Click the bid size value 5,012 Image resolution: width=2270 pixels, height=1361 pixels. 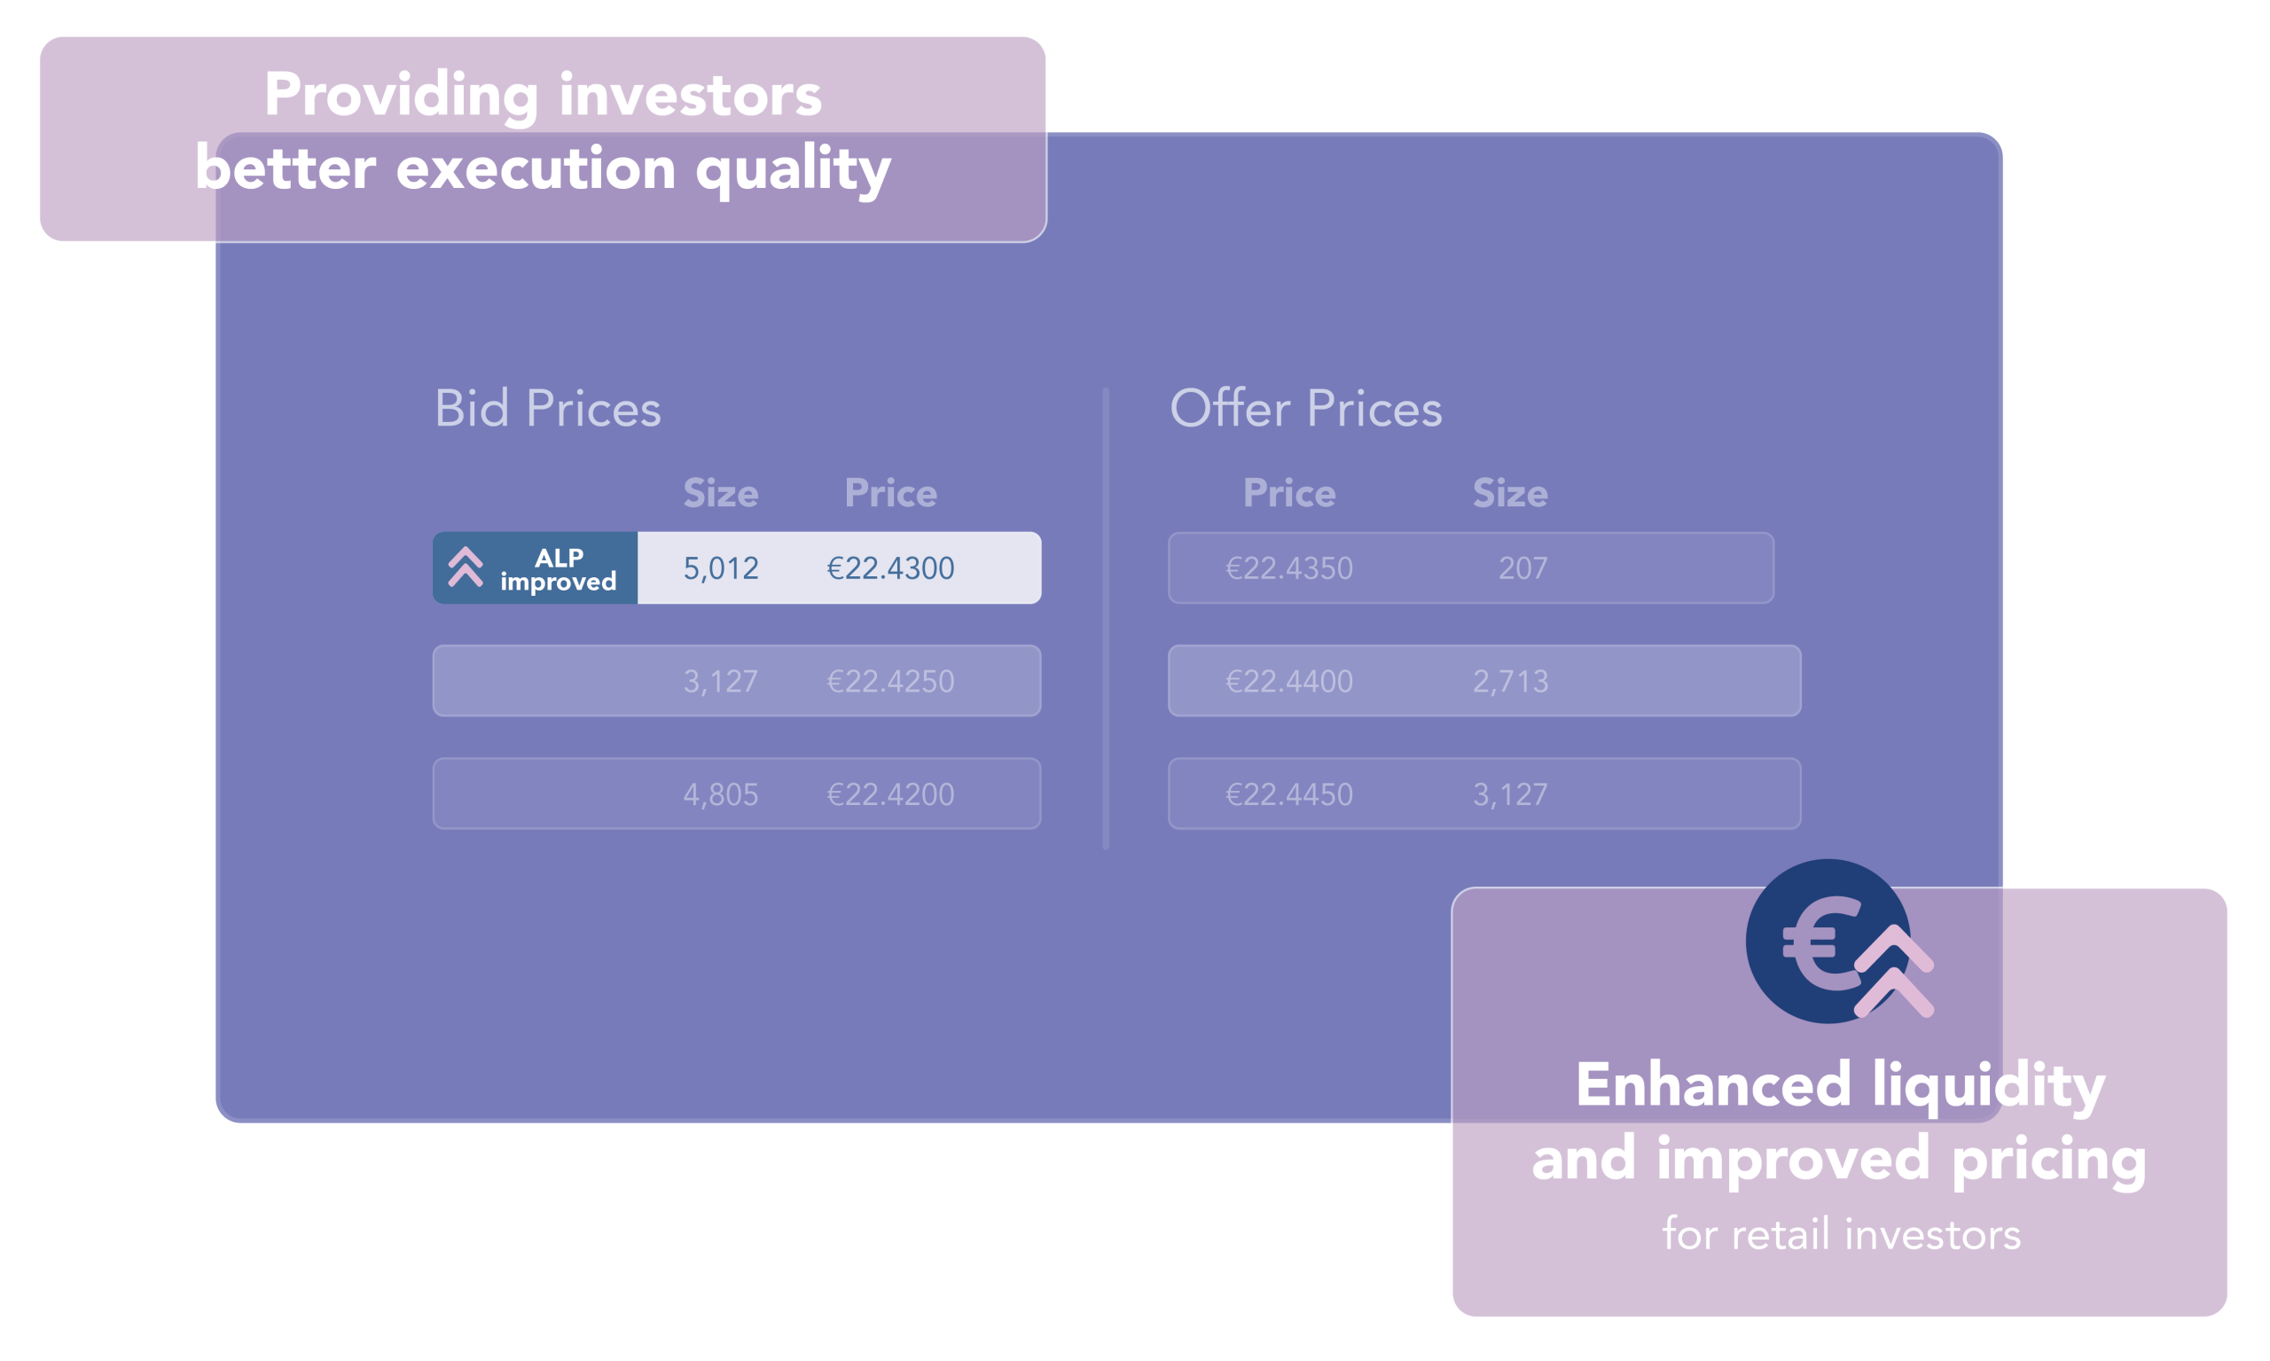click(x=720, y=568)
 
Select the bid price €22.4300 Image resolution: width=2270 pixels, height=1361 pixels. click(x=889, y=568)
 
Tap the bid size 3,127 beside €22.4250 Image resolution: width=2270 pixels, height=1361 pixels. click(x=720, y=682)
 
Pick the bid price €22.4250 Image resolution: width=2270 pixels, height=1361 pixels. click(x=889, y=682)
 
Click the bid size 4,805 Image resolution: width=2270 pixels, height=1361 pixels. click(x=720, y=794)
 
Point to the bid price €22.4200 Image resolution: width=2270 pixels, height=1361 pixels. click(x=889, y=794)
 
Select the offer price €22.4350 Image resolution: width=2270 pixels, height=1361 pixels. click(x=1288, y=568)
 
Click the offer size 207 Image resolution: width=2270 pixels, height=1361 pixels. click(x=1522, y=568)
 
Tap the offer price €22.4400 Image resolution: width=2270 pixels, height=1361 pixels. click(x=1288, y=682)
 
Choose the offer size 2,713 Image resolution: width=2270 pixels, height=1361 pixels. click(x=1510, y=682)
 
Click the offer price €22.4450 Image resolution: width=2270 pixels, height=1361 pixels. click(x=1288, y=794)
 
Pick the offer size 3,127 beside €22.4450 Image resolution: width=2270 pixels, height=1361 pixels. click(x=1510, y=794)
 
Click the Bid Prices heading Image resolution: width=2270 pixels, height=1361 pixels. click(x=548, y=408)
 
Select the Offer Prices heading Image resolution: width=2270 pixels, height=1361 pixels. click(x=1305, y=408)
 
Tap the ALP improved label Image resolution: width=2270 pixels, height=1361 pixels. click(x=558, y=569)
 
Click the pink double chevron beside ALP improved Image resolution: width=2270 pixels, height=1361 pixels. click(x=465, y=567)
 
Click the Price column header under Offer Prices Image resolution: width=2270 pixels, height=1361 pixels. click(x=1288, y=493)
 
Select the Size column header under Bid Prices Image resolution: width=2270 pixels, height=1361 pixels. click(x=721, y=493)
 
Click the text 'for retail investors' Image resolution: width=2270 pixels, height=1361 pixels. click(x=1841, y=1234)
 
